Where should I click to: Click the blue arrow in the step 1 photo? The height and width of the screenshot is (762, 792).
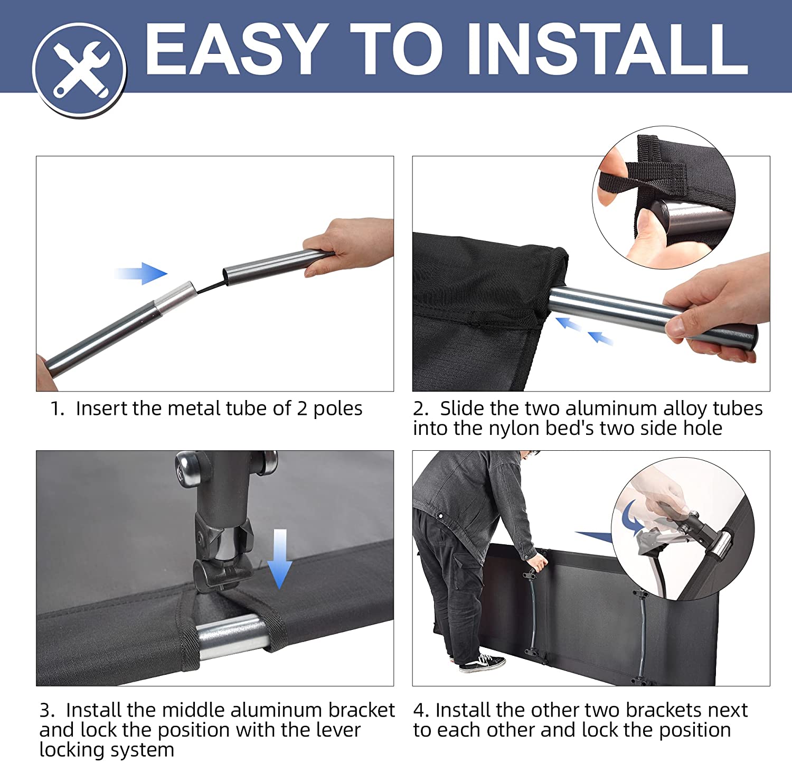(x=141, y=273)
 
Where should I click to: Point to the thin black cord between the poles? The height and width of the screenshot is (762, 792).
(x=210, y=285)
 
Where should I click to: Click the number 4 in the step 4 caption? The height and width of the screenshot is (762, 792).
(x=418, y=710)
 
